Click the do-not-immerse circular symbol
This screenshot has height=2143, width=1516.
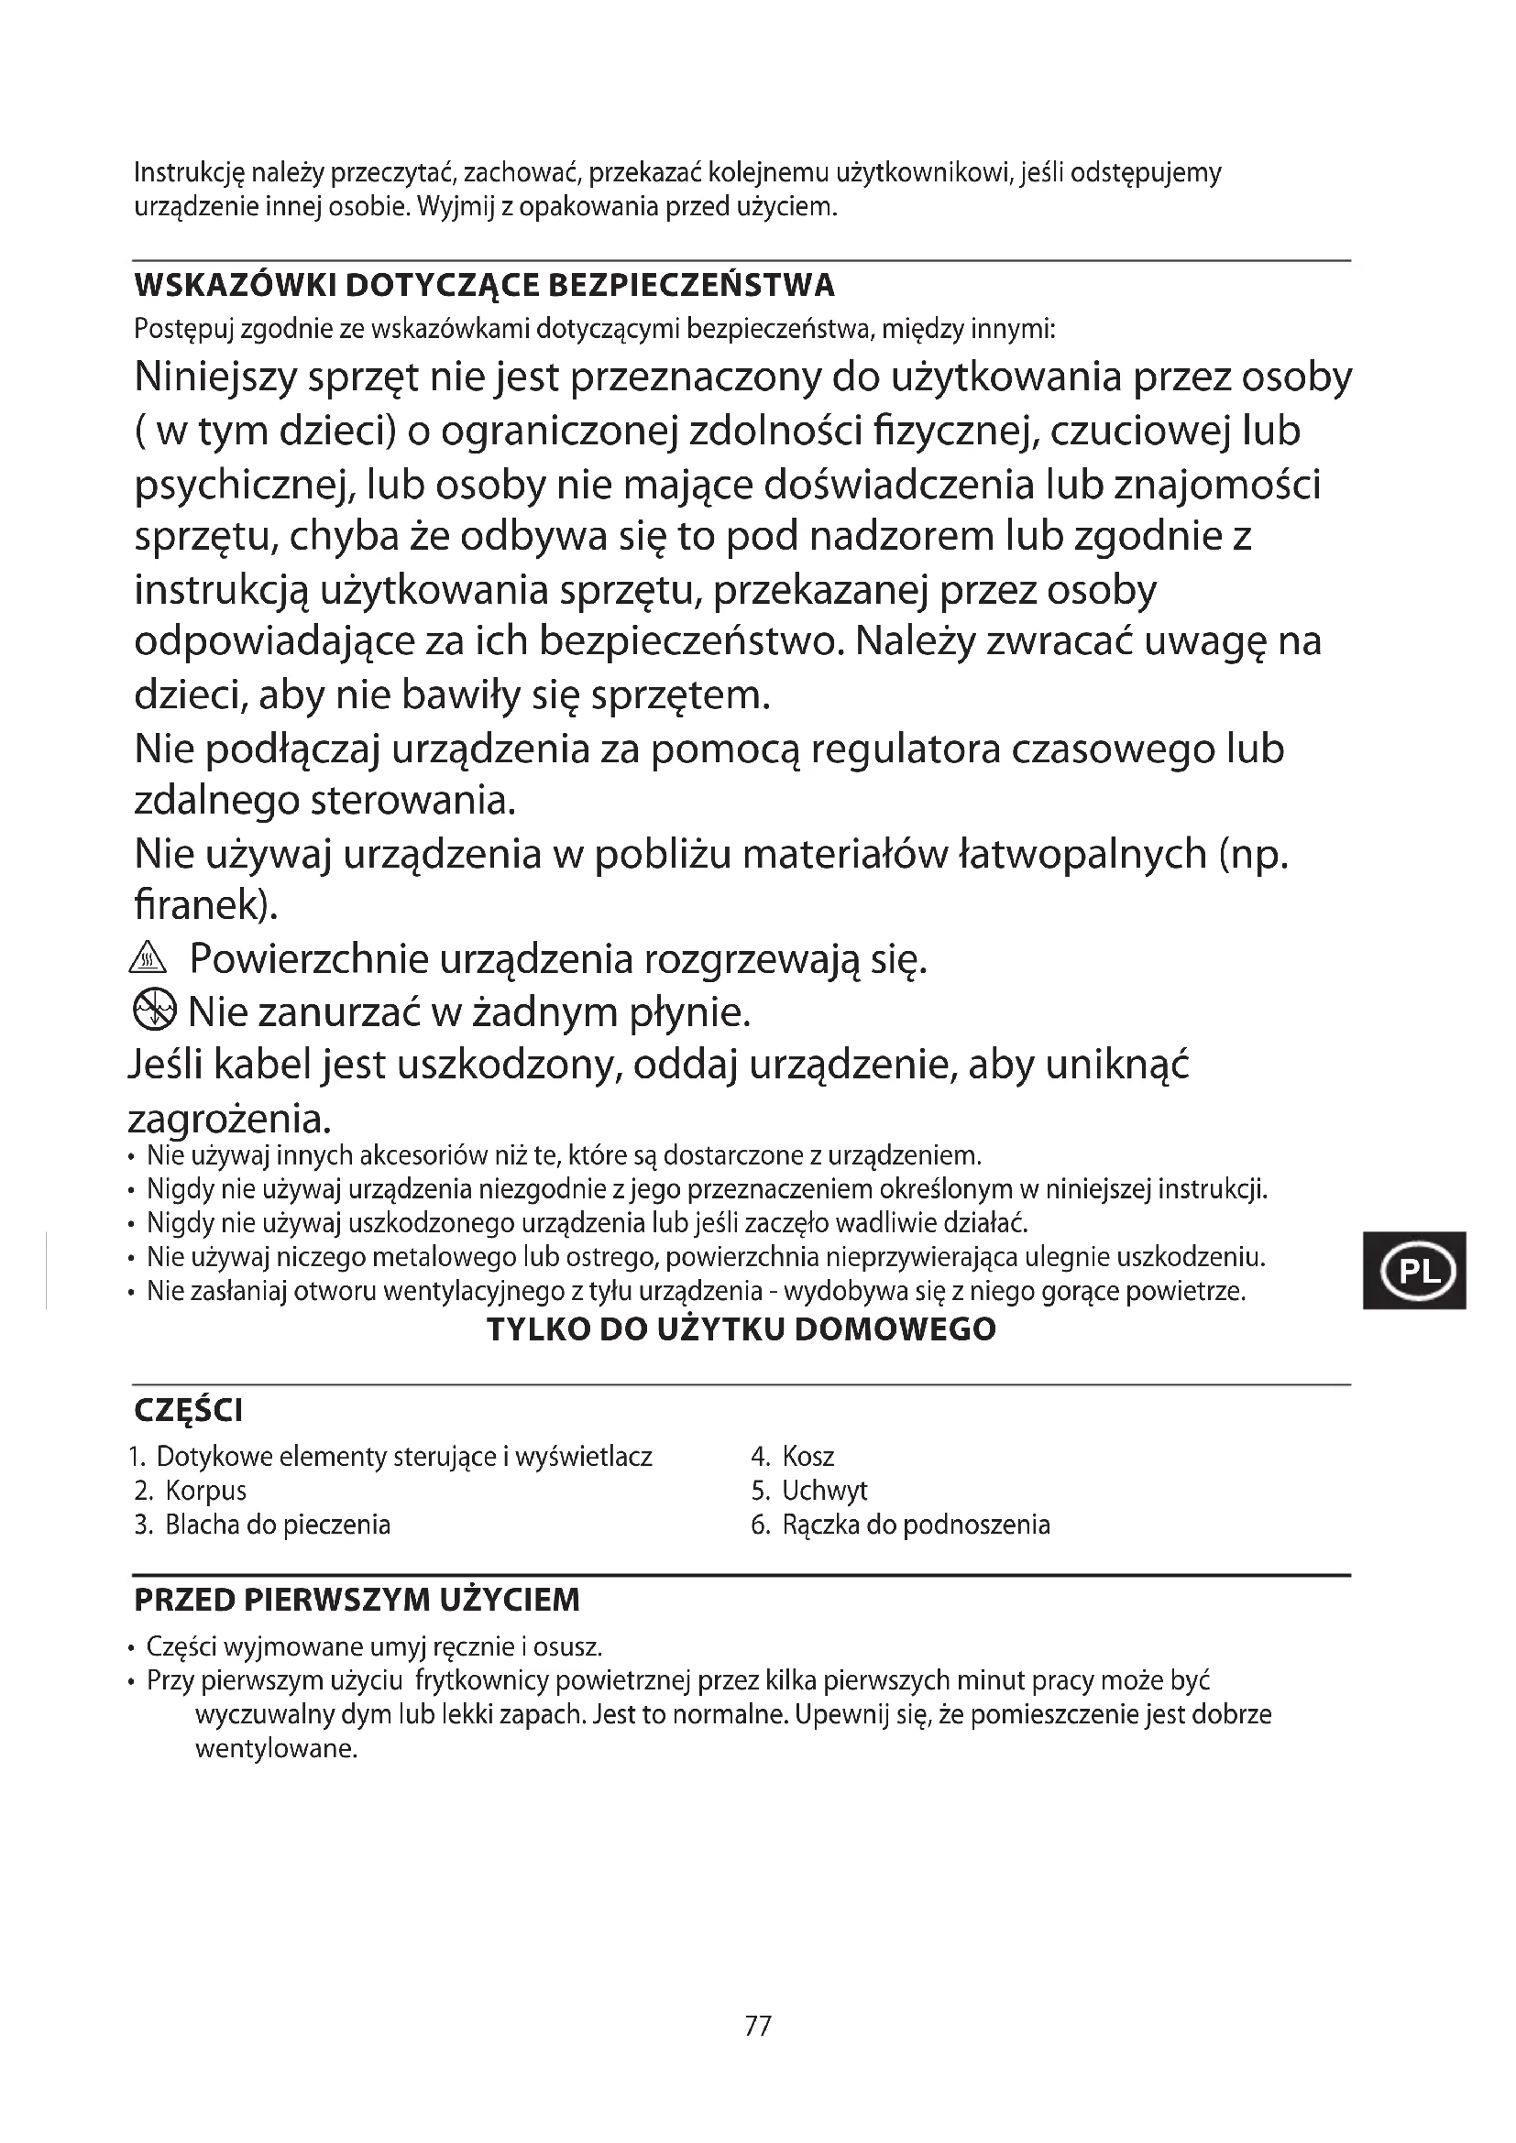pos(154,1010)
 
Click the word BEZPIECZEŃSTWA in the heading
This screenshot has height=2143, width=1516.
pos(691,286)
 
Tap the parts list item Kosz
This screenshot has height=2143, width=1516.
pos(807,1457)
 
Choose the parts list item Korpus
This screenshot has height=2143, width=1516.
pos(205,1491)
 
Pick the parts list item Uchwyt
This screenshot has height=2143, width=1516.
pos(824,1491)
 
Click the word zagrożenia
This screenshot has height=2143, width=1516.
pos(228,1117)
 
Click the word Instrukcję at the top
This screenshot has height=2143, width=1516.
pos(189,173)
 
